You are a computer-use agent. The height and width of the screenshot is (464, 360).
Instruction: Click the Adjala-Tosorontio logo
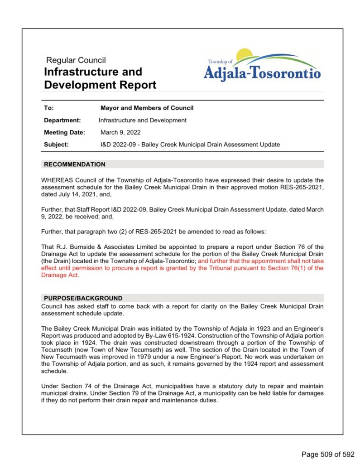262,66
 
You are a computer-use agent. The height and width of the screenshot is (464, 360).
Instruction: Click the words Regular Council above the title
76,60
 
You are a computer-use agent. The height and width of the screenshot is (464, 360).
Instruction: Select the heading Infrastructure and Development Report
100,78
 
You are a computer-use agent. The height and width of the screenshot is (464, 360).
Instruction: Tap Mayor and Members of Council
147,108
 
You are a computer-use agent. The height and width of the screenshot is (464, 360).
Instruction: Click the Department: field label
62,120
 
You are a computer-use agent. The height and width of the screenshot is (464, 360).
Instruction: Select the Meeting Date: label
64,132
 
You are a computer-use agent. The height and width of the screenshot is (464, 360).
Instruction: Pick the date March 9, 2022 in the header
120,132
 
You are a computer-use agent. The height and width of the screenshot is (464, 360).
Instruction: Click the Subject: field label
56,145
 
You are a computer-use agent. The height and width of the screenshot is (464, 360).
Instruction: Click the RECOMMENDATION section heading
74,164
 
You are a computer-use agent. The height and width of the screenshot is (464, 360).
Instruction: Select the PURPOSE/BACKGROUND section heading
83,298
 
